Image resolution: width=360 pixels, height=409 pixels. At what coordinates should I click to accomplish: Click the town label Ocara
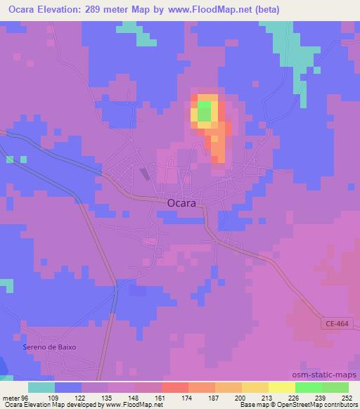point(181,202)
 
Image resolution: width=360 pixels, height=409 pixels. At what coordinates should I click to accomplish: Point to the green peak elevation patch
point(203,110)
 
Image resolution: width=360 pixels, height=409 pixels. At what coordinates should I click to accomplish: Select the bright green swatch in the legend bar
point(308,387)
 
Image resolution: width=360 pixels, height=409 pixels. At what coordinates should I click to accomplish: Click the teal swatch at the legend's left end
point(41,387)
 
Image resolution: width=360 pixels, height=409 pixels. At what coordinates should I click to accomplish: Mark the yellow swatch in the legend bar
point(281,387)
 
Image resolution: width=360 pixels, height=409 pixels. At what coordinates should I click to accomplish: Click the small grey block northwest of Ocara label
point(145,174)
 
